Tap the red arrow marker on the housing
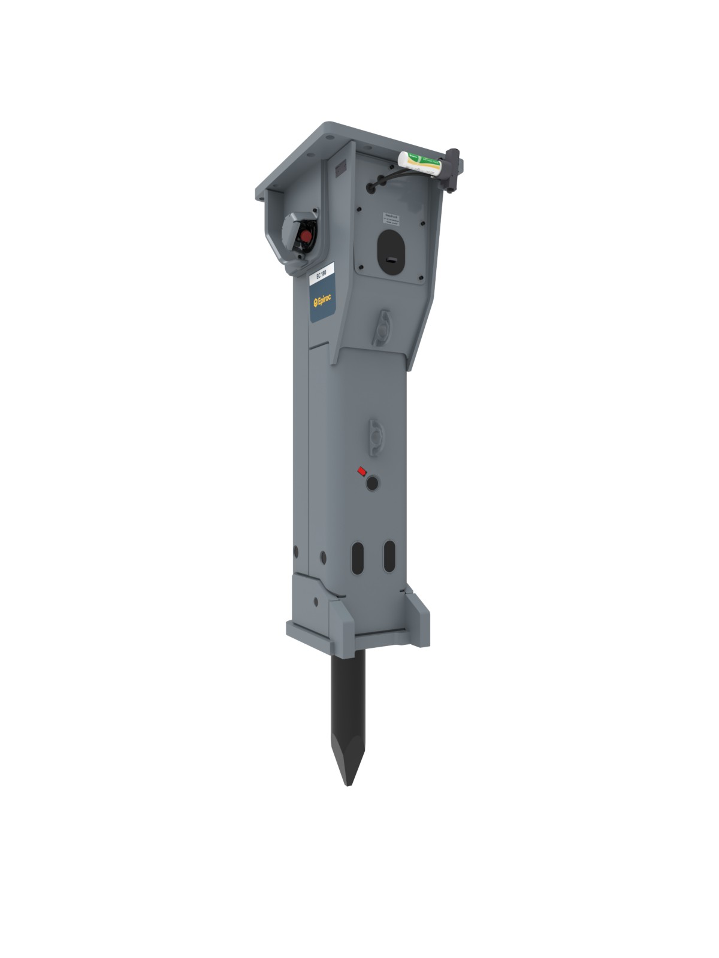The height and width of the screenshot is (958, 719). (x=361, y=471)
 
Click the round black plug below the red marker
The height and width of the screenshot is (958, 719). (x=373, y=482)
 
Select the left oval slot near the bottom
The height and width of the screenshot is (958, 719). (x=358, y=557)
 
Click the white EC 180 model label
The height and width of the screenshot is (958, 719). (x=321, y=275)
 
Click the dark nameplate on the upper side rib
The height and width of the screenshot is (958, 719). (x=341, y=169)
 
